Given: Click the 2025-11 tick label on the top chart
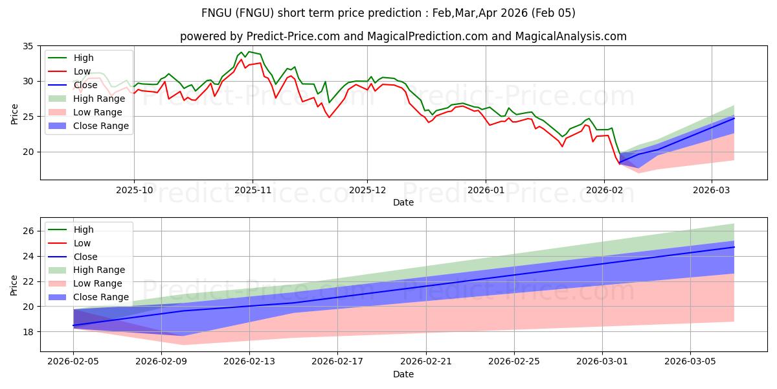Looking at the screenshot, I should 253,191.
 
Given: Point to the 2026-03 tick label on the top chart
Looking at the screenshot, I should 712,191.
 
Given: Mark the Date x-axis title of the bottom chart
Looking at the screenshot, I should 403,375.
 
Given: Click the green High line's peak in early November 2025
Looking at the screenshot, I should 249,51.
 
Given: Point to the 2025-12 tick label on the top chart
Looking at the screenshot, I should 367,191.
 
